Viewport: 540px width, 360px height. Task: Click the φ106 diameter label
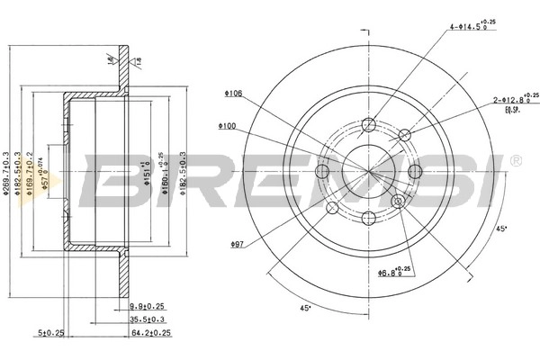[233, 93]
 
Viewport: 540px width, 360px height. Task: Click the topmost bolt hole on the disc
[367, 125]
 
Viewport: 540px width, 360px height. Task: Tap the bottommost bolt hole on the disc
[368, 217]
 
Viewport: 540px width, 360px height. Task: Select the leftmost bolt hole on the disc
[323, 170]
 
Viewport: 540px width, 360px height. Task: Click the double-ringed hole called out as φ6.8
[396, 202]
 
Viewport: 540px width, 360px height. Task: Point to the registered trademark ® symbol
[514, 160]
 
